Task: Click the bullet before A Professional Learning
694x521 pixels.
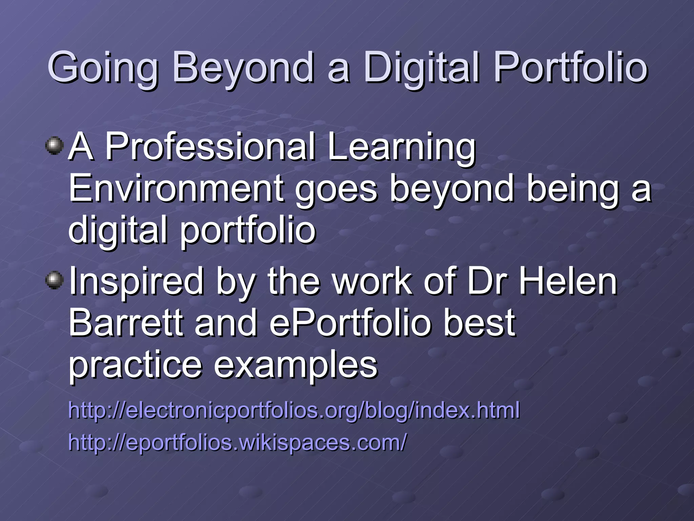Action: pyautogui.click(x=54, y=147)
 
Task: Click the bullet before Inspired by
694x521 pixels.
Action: pyautogui.click(x=54, y=280)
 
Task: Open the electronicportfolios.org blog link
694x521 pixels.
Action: pyautogui.click(x=293, y=410)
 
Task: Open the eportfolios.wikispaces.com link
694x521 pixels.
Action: pyautogui.click(x=237, y=442)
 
